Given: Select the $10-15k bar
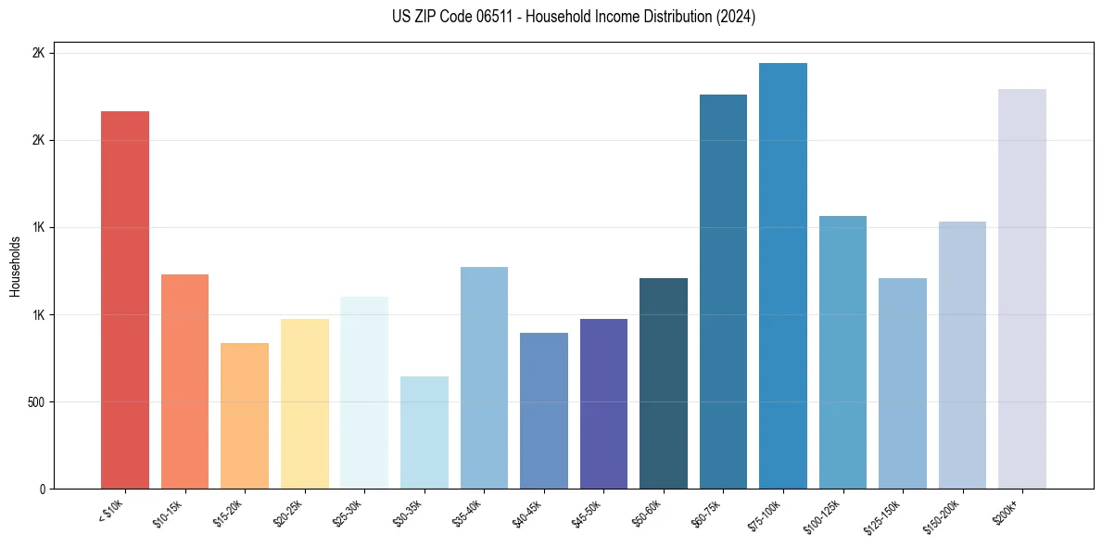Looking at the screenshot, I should tap(184, 381).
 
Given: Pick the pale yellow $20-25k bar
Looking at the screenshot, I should tap(304, 403).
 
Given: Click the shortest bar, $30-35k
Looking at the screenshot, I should tap(424, 432).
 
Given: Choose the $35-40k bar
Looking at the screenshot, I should tap(484, 377).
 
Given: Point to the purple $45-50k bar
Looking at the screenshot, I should tap(603, 403).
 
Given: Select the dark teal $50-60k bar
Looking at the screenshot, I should tap(663, 383).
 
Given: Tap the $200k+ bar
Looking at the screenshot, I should tap(1021, 288).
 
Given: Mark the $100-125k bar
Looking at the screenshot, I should tap(842, 352).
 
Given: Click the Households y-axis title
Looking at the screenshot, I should tap(15, 266).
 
